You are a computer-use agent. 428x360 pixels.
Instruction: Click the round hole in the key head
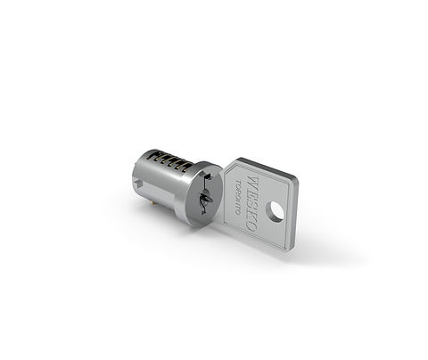click(x=275, y=211)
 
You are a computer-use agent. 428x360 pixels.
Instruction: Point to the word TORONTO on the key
click(x=238, y=197)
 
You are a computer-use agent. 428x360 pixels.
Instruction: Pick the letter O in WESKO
click(x=251, y=226)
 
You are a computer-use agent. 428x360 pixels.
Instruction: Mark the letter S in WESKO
click(x=252, y=204)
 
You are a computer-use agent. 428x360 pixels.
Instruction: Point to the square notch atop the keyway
click(x=208, y=177)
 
